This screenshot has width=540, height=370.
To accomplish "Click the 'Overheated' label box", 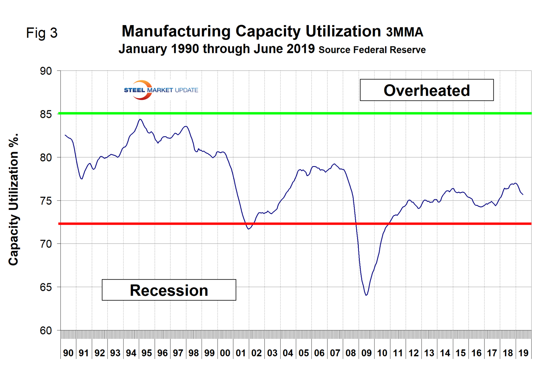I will click(427, 90).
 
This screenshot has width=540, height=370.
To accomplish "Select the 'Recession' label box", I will click(169, 290).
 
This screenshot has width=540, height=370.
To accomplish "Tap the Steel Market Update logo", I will click(160, 90).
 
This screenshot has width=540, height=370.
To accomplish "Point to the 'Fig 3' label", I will click(41, 33).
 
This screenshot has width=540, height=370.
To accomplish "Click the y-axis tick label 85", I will click(46, 114).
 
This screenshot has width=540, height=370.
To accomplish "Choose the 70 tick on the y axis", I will click(46, 244).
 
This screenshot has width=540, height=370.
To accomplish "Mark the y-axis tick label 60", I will click(46, 330).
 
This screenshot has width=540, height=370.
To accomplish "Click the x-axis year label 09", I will click(366, 353).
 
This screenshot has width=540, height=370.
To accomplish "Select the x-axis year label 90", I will click(68, 353).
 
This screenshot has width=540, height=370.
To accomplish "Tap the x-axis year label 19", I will click(523, 353).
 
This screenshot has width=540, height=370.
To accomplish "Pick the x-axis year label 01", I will click(241, 353).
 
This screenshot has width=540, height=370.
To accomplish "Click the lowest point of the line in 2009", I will click(366, 295).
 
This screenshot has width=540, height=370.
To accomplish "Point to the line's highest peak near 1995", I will click(140, 119).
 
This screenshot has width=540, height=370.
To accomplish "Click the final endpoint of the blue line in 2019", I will click(523, 194).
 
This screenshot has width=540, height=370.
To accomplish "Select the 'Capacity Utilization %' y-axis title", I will click(14, 200).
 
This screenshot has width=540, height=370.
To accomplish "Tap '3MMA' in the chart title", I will click(405, 32).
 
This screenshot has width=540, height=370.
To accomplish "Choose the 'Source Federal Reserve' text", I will click(372, 50).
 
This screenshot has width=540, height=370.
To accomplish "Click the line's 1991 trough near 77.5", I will click(82, 179).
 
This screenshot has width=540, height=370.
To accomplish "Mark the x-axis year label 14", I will click(445, 353).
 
